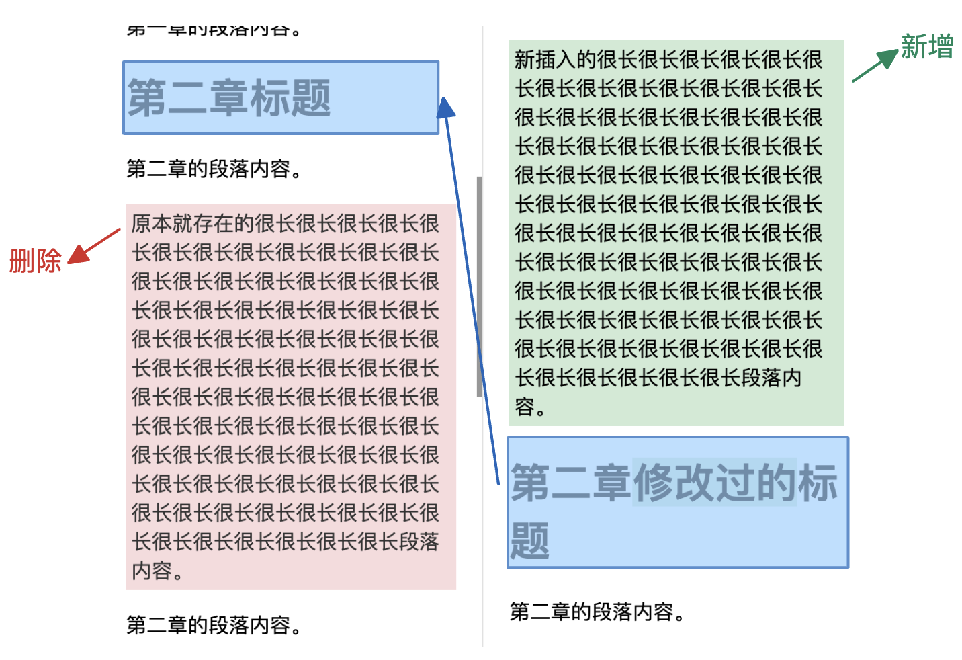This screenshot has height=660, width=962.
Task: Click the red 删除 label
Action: click(35, 261)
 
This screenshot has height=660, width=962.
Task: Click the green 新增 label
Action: click(927, 47)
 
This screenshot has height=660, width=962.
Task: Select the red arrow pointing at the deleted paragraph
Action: click(95, 246)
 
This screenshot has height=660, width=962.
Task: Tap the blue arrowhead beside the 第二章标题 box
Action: click(445, 108)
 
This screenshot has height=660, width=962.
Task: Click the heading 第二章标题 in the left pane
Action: click(229, 98)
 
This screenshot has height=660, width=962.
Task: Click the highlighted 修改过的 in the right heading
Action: click(715, 482)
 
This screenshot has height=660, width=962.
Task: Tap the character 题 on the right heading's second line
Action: click(530, 540)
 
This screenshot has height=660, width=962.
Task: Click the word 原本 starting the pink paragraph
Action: click(152, 224)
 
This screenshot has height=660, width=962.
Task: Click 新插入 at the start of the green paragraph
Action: click(545, 60)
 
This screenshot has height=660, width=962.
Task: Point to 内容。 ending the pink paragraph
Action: click(157, 571)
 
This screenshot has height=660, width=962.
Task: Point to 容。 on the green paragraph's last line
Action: click(530, 407)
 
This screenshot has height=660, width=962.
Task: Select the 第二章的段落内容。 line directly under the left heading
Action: click(214, 169)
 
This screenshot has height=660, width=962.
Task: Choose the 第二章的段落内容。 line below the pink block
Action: click(214, 626)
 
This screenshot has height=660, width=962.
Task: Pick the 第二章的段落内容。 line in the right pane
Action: click(597, 612)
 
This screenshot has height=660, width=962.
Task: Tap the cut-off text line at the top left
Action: click(214, 30)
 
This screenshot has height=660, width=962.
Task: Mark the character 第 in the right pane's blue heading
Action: click(531, 483)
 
